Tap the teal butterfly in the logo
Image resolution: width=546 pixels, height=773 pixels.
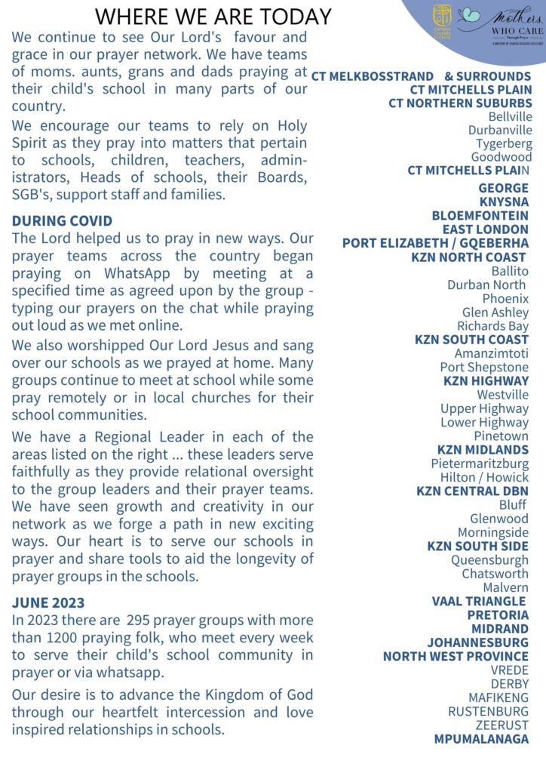(x=468, y=15)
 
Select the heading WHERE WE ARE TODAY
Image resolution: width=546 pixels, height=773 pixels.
(x=214, y=16)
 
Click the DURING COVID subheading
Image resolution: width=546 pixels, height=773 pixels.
(x=63, y=221)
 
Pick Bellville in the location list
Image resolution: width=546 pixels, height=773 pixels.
(x=510, y=117)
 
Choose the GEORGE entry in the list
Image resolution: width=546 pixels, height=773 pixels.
(x=503, y=188)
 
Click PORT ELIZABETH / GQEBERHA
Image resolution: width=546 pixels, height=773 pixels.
(x=435, y=243)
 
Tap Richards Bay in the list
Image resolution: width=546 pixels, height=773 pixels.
(x=492, y=326)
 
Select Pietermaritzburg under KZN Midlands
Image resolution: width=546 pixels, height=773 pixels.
(x=480, y=463)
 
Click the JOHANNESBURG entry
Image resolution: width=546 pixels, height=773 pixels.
(x=477, y=642)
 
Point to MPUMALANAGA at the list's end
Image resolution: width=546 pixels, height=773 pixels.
(x=481, y=739)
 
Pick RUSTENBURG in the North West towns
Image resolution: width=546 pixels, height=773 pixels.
(x=488, y=711)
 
